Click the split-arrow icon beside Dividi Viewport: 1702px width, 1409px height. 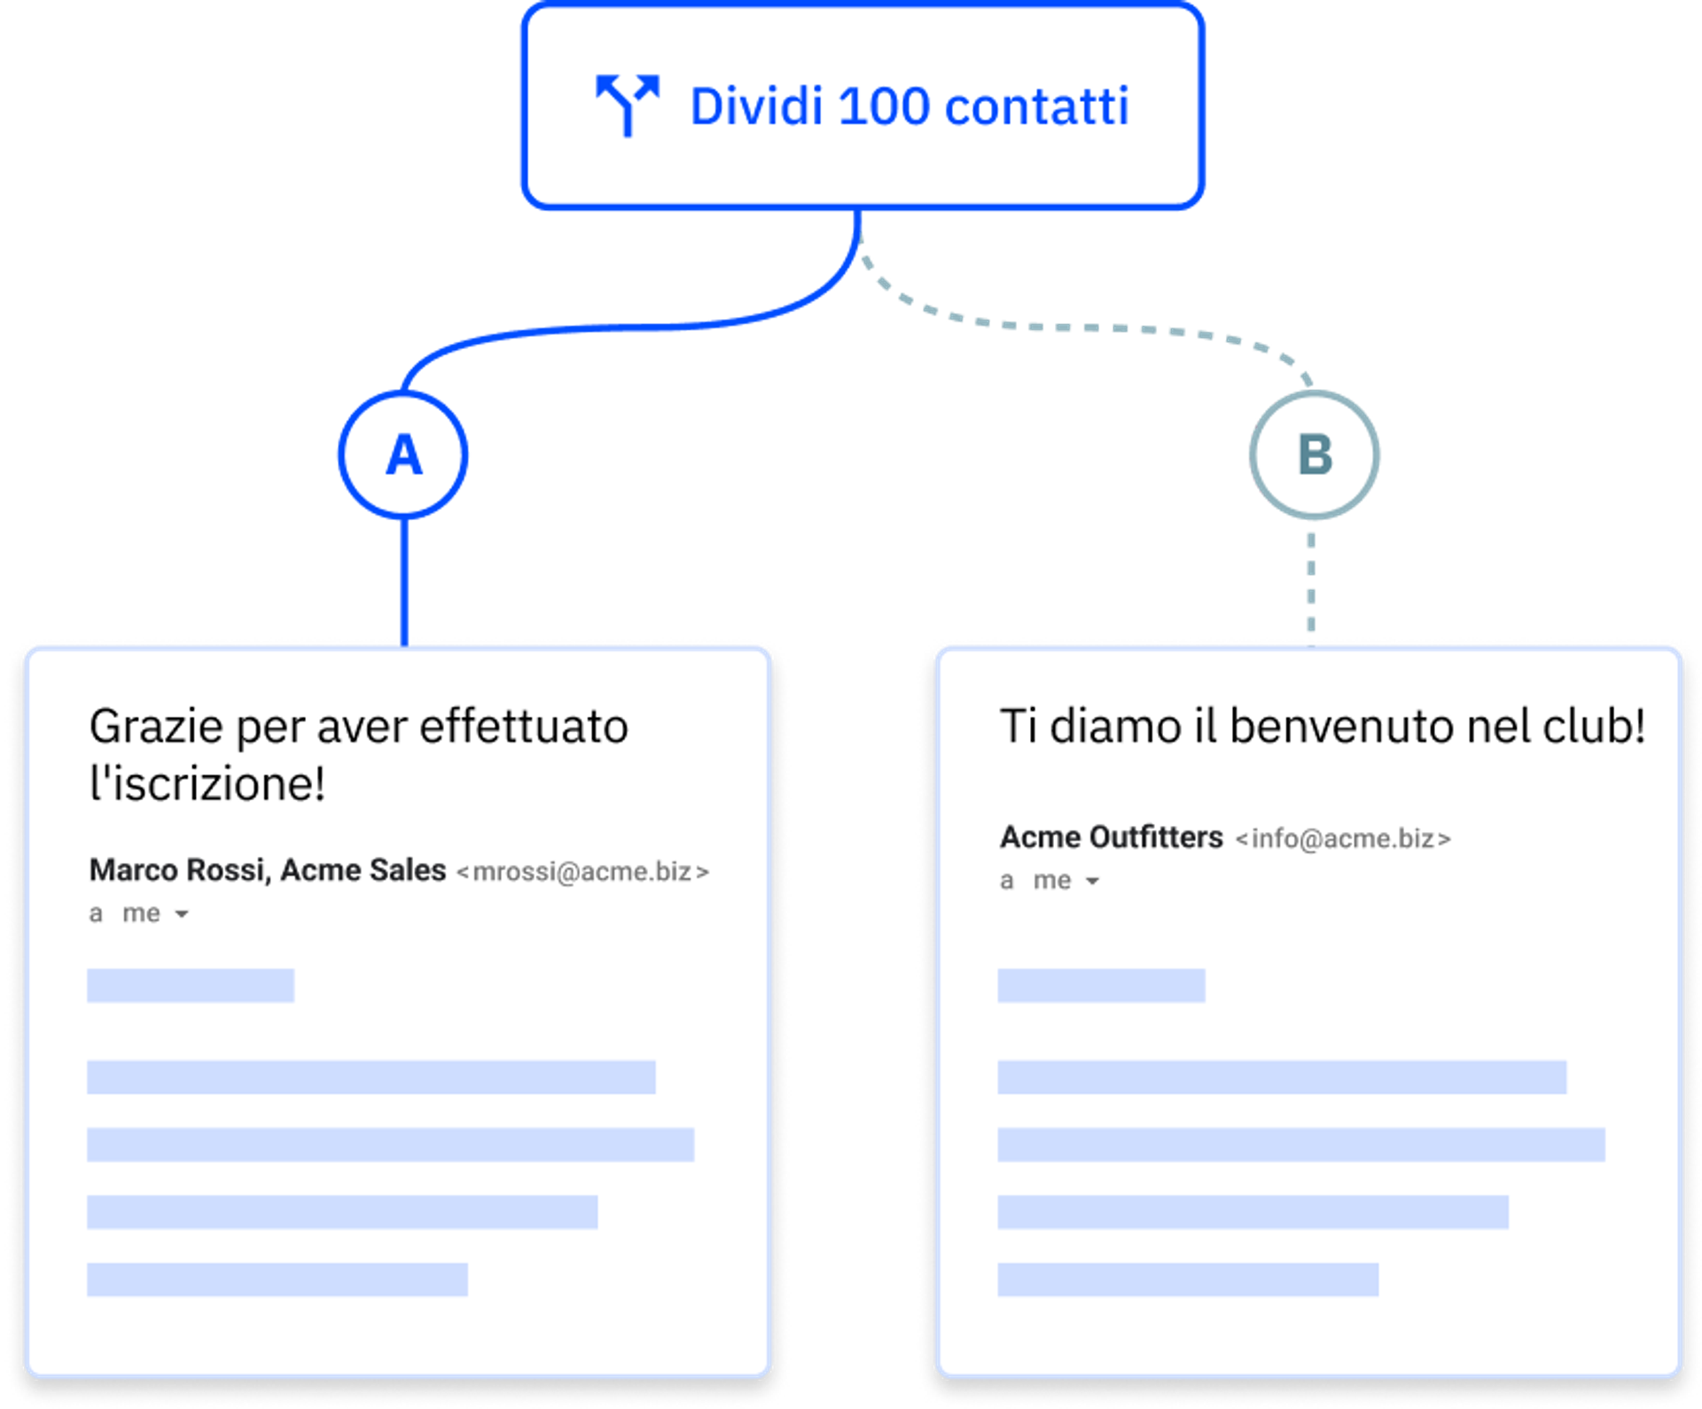pos(628,105)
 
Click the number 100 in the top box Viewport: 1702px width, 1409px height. pos(883,106)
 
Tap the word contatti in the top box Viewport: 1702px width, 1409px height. pos(1036,106)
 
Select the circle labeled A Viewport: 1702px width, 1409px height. pos(403,455)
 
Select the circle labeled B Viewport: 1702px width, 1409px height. pos(1314,455)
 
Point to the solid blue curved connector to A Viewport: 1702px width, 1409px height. pos(621,328)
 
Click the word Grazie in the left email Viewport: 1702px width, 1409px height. pos(156,727)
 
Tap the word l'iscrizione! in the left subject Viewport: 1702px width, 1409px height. pos(207,783)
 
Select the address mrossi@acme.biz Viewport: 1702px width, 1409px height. pos(582,872)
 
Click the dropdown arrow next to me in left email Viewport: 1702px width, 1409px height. pos(182,914)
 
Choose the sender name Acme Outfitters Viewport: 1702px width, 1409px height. pos(1111,837)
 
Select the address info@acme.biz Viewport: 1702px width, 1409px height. pos(1343,838)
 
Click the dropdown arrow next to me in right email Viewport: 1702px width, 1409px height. pos(1093,881)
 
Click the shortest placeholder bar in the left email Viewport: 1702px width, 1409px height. pos(191,985)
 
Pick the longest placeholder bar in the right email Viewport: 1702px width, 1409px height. pos(1300,1144)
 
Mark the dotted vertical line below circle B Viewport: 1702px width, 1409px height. pos(1311,580)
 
